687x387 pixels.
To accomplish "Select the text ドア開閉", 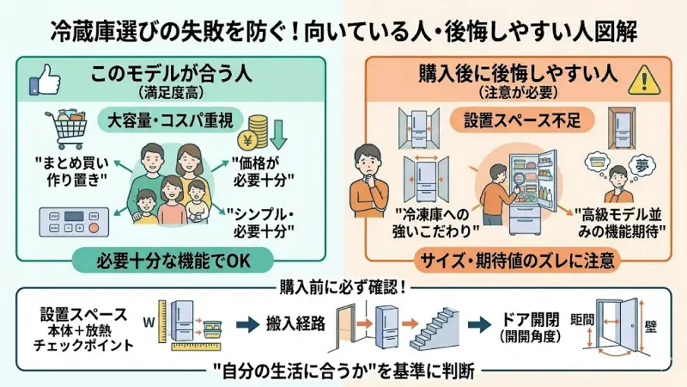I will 532,317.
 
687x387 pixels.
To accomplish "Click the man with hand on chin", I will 370,176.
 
